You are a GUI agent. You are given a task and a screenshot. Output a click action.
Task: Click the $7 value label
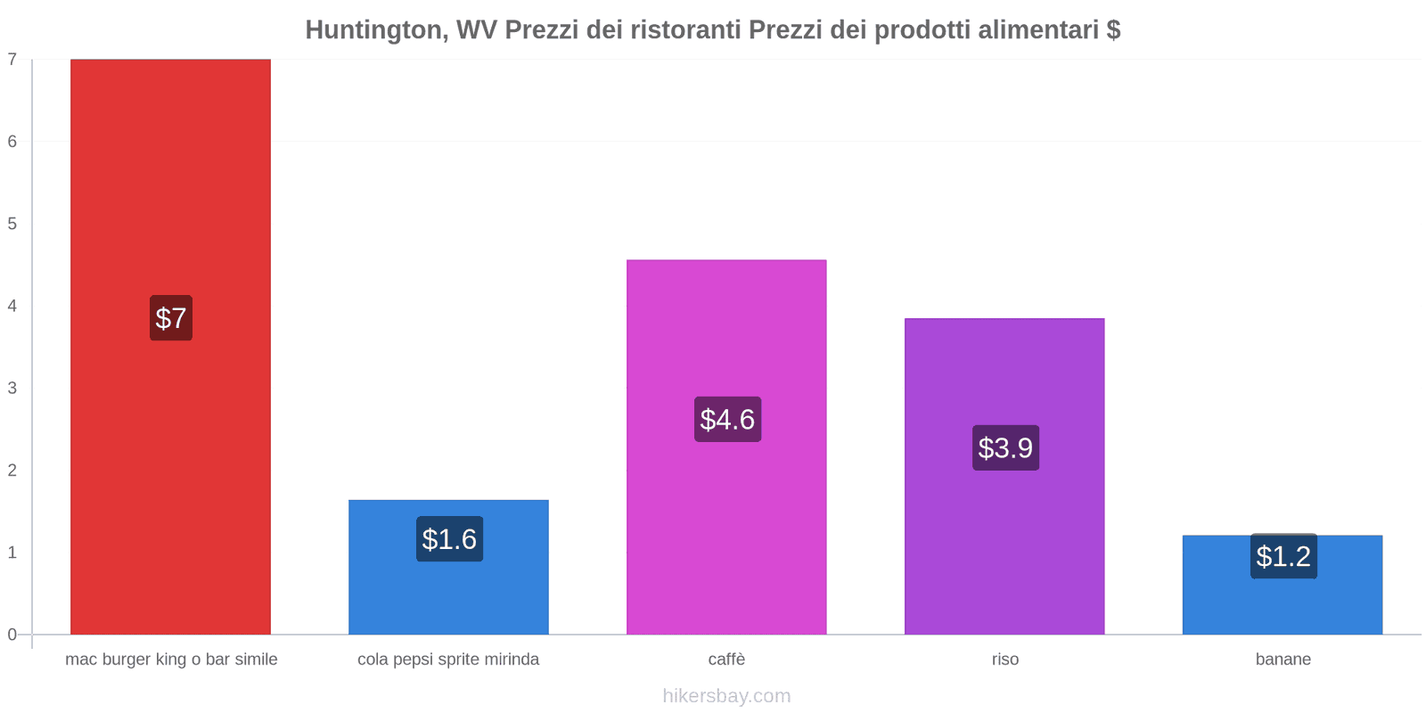[171, 318]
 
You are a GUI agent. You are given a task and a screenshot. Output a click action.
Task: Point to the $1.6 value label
[449, 539]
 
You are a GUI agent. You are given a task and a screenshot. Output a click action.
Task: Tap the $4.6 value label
[727, 419]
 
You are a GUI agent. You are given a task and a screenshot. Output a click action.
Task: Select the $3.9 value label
[1005, 447]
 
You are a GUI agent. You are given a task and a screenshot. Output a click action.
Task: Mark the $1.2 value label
[1283, 556]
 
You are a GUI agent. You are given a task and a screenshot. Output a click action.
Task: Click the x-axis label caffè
[726, 660]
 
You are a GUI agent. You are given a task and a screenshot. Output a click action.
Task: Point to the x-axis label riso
[1004, 660]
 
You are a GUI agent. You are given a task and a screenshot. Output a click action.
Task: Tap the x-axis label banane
[1283, 660]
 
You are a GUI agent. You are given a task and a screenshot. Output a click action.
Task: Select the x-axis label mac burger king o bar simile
[171, 660]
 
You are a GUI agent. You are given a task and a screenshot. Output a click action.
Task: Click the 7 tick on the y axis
[12, 60]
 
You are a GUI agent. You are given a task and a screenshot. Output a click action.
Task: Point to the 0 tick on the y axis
[12, 635]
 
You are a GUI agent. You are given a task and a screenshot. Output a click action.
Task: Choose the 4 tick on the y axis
[12, 306]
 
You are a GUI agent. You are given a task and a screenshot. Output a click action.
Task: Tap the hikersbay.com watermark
[726, 696]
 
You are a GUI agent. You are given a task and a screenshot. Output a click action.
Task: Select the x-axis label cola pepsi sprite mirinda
[448, 660]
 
